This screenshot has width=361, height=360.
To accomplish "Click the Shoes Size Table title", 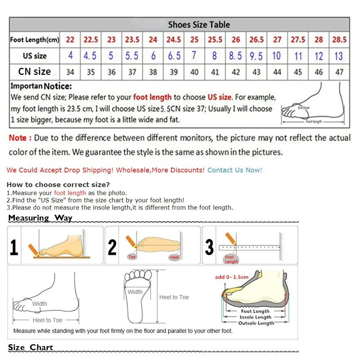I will pyautogui.click(x=199, y=25).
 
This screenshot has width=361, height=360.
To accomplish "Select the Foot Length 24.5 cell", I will pyautogui.click(x=173, y=40).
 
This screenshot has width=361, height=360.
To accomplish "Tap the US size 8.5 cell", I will pyautogui.click(x=236, y=56).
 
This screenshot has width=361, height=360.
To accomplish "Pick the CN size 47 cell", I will pyautogui.click(x=339, y=72).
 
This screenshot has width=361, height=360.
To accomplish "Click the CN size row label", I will pyautogui.click(x=34, y=71).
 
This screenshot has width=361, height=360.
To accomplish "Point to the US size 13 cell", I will pyautogui.click(x=339, y=56).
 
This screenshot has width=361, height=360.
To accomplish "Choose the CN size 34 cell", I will pyautogui.click(x=70, y=72).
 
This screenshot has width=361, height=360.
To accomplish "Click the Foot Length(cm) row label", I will pyautogui.click(x=34, y=40).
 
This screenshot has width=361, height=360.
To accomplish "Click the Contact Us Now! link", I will pyautogui.click(x=235, y=170).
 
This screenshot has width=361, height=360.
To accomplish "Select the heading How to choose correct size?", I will pyautogui.click(x=58, y=184).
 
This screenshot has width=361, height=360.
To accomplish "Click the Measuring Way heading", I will pyautogui.click(x=40, y=218).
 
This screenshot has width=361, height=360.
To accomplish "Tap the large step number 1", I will pyautogui.click(x=14, y=247).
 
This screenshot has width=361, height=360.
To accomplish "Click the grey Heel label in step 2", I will pyautogui.click(x=174, y=257).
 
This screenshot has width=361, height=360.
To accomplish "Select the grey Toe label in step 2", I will pyautogui.click(x=132, y=257).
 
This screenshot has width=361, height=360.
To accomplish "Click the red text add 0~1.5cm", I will pyautogui.click(x=232, y=277).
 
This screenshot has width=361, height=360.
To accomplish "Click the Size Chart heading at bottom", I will pyautogui.click(x=31, y=347).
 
